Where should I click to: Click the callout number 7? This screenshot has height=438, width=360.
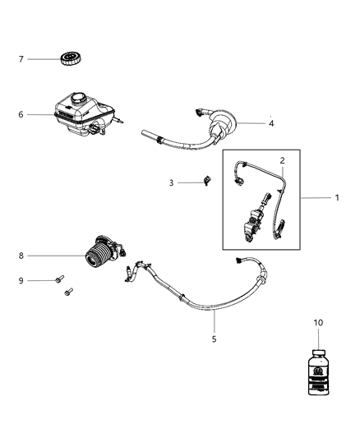[x=23, y=58]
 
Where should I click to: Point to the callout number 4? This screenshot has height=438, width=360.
[x=271, y=123]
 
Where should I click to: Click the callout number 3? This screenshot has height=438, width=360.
[x=172, y=182]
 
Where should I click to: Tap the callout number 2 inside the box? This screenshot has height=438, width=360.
[x=282, y=160]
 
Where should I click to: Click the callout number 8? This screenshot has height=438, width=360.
[x=23, y=256]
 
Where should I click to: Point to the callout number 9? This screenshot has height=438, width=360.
[x=23, y=280]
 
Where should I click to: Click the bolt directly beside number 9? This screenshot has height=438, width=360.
[x=59, y=281]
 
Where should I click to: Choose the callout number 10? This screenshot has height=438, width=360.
[x=317, y=324]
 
